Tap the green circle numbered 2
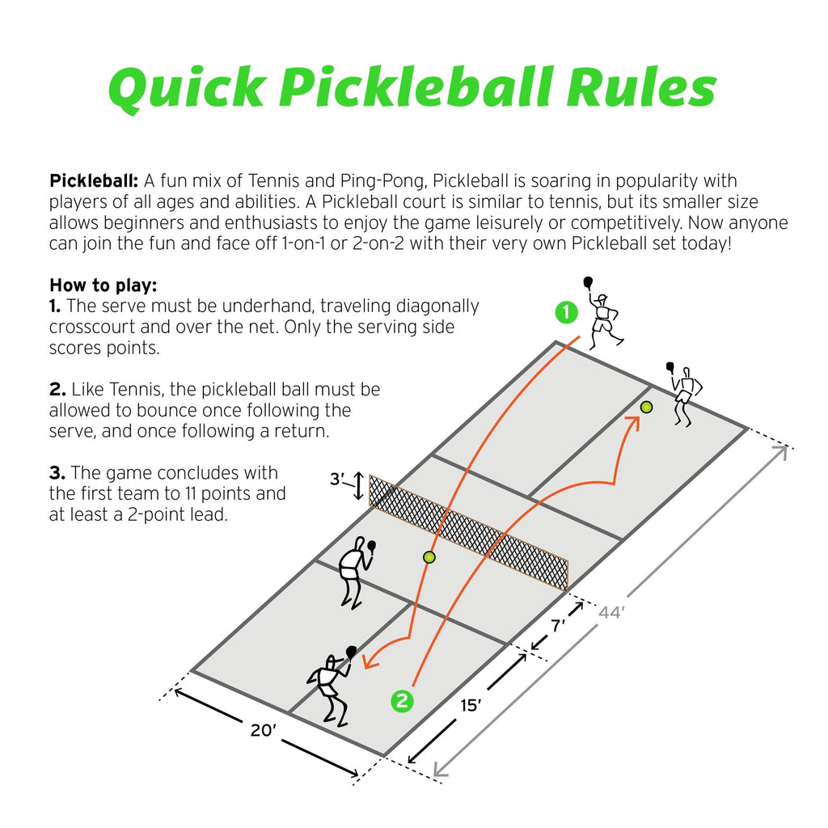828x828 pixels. coord(402,701)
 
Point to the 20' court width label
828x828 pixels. coord(264,729)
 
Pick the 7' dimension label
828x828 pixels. coord(558,627)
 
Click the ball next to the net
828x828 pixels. coord(429,557)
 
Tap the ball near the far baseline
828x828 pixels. coord(646,408)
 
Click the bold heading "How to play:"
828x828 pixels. coord(103,285)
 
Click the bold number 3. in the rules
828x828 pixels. coord(59,472)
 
